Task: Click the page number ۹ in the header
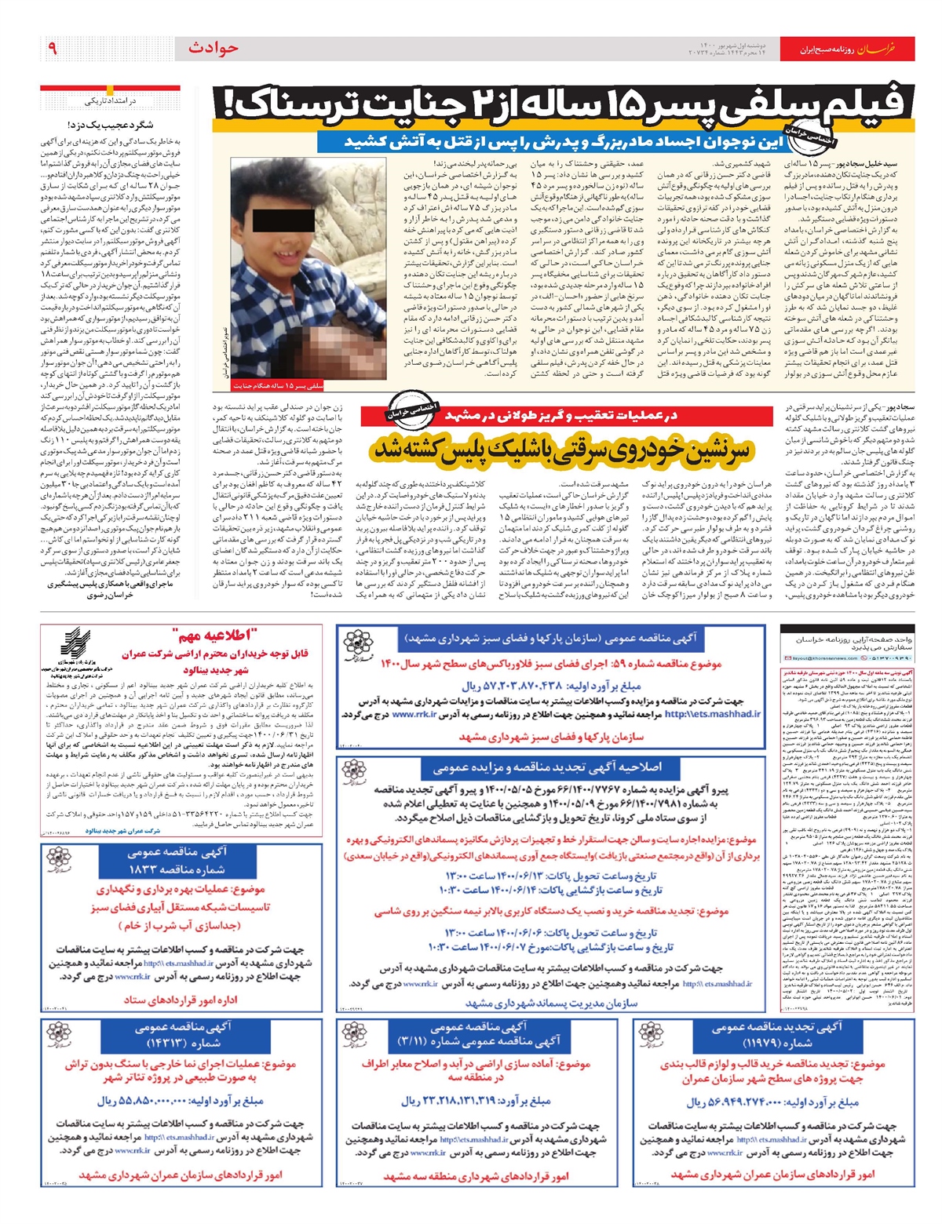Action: coord(53,49)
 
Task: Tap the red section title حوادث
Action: coord(213,49)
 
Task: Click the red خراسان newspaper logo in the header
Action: coord(874,49)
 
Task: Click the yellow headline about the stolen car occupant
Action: coord(562,450)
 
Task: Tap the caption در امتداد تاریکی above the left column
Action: coord(110,101)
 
